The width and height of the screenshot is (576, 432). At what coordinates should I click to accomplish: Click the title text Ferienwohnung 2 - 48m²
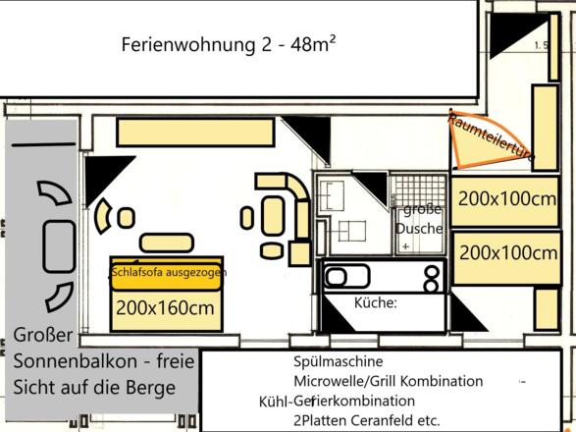tap(231, 44)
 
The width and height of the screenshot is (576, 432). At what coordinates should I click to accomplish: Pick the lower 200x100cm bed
tap(508, 251)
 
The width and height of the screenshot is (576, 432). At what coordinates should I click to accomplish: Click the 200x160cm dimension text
tap(165, 307)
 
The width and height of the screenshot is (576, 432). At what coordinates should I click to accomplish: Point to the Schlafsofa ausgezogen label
tap(170, 272)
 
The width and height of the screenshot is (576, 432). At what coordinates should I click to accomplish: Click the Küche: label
tap(374, 302)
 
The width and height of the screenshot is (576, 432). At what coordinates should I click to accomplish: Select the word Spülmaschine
tap(336, 361)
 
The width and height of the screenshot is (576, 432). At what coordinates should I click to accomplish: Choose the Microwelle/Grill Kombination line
tap(389, 381)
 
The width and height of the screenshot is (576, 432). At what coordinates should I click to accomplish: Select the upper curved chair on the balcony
tap(53, 193)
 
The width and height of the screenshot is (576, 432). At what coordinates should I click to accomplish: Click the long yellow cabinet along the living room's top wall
tap(197, 131)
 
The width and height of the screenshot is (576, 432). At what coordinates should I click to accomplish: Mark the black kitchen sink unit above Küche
tap(384, 276)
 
